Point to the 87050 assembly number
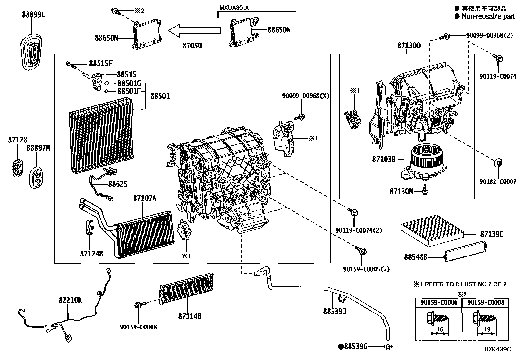pyautogui.click(x=192, y=46)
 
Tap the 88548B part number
pyautogui.click(x=416, y=257)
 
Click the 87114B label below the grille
pyautogui.click(x=189, y=316)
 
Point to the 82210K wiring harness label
pyautogui.click(x=70, y=300)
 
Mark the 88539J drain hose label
pyautogui.click(x=334, y=311)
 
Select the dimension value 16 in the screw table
pyautogui.click(x=440, y=329)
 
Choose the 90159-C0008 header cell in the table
pyautogui.click(x=486, y=302)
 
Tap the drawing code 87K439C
pyautogui.click(x=498, y=349)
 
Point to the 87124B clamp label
pyautogui.click(x=92, y=253)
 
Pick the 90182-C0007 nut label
pyautogui.click(x=498, y=181)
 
